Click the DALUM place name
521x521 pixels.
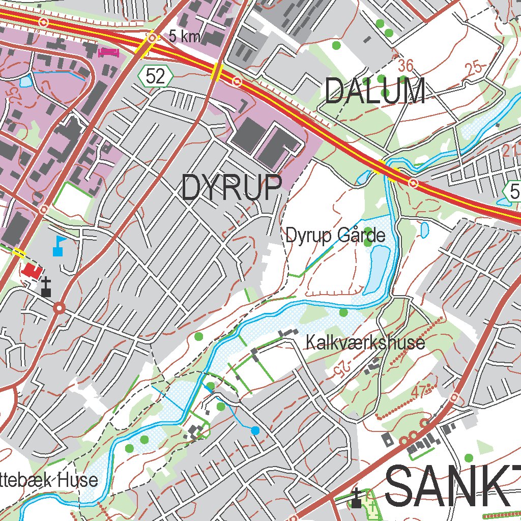click(375, 92)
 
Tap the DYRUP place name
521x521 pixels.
click(231, 187)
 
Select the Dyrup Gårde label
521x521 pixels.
click(335, 236)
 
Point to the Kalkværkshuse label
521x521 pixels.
click(365, 342)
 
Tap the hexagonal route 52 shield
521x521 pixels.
click(155, 76)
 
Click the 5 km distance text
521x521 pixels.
click(184, 37)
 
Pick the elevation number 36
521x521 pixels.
click(406, 66)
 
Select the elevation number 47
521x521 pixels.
click(418, 392)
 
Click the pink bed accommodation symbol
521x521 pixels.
click(108, 51)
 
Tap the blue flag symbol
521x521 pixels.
click(59, 245)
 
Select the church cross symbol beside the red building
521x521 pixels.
click(46, 287)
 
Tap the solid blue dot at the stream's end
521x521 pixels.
click(255, 430)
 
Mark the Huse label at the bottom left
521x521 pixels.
click(77, 480)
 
